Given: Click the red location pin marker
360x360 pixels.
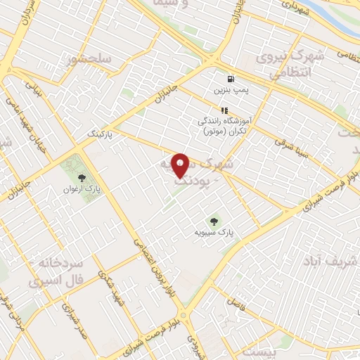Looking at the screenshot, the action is tap(181, 165).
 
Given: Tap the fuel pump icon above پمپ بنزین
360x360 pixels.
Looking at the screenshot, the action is tap(230, 79).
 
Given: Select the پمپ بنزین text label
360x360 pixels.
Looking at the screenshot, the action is tap(232, 91).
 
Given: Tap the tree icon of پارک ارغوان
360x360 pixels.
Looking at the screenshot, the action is tap(82, 177).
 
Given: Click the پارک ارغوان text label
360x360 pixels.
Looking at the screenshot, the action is tap(82, 188).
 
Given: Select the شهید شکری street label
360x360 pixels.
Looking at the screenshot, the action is tap(112, 284).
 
